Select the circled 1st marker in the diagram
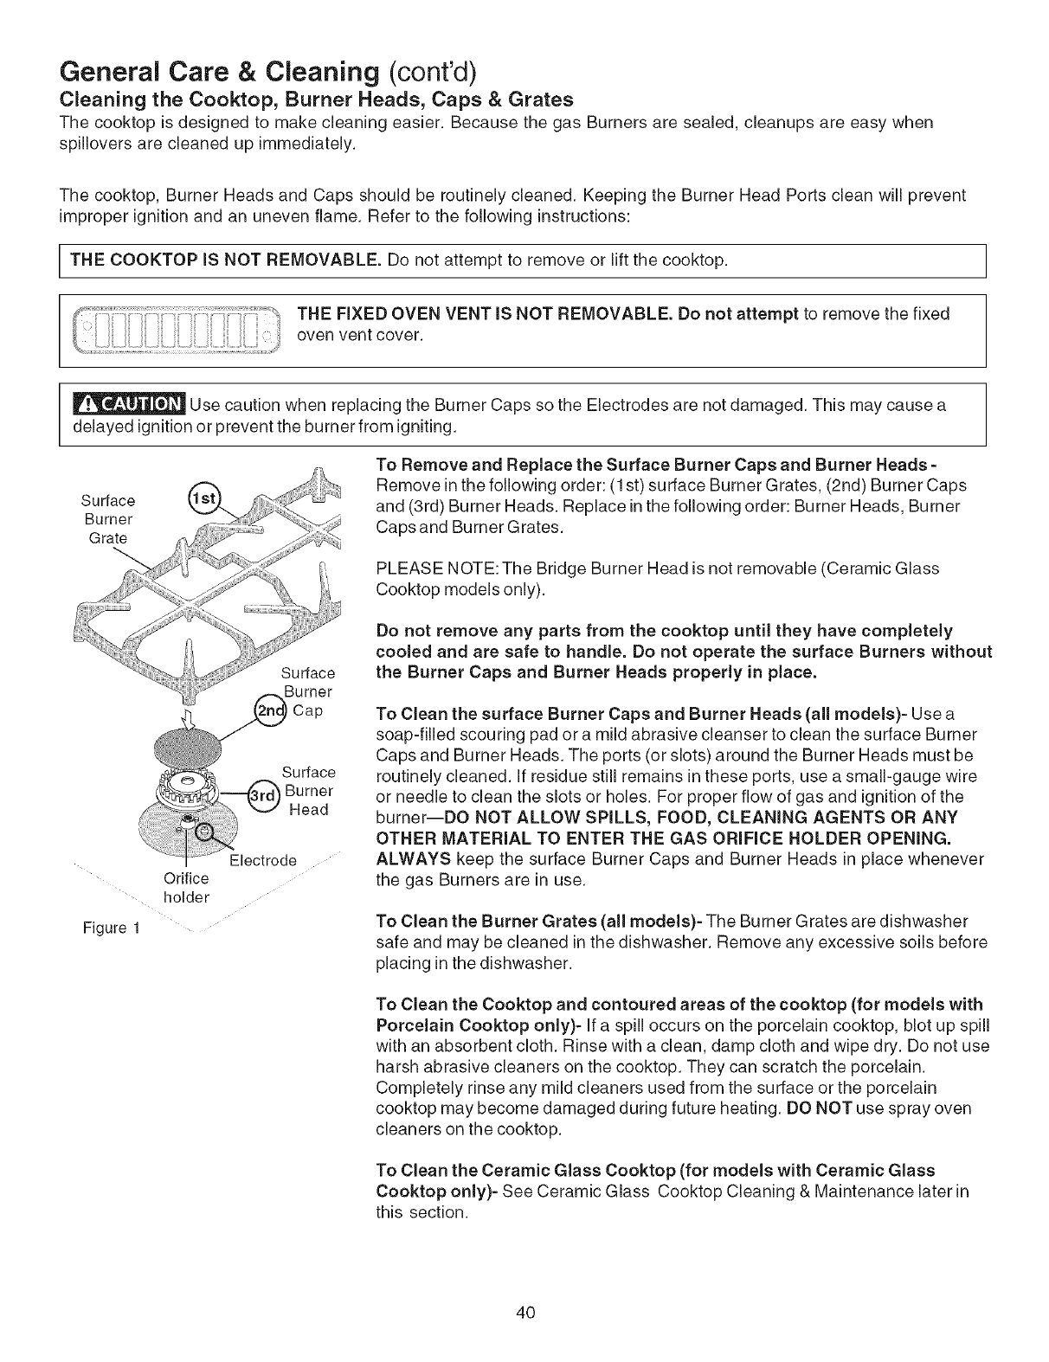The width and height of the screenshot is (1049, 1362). point(203,501)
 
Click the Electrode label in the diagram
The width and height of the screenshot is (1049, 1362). point(263,860)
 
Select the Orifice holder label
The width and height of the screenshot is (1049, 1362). point(186,888)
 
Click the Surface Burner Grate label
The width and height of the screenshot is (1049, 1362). point(108,519)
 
